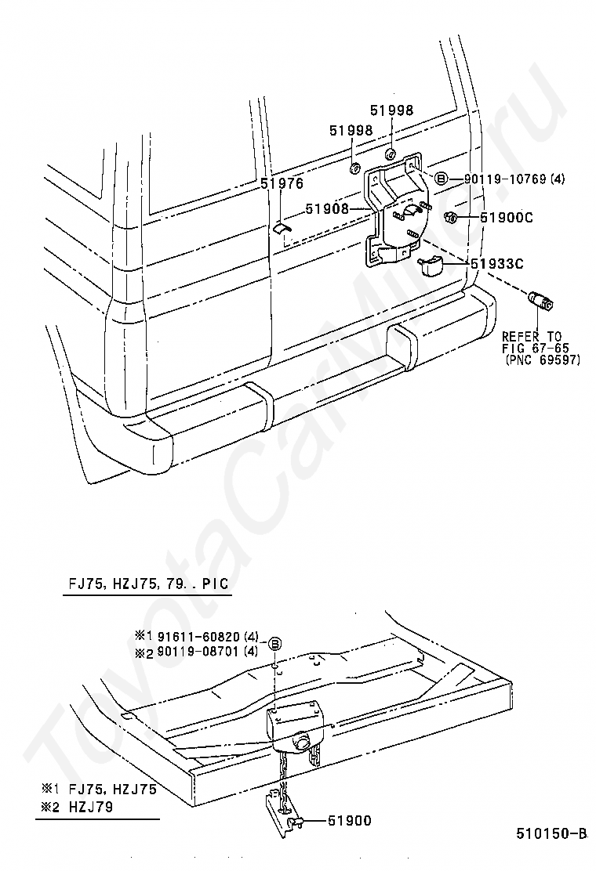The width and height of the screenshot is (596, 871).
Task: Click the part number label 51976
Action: tap(282, 184)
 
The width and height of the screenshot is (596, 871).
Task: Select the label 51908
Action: tap(327, 209)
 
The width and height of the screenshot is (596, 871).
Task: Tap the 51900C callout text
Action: tap(507, 217)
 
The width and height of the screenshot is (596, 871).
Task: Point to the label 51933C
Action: tap(497, 263)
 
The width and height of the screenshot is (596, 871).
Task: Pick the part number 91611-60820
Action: tap(199, 636)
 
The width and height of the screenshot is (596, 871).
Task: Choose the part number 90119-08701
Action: tap(199, 651)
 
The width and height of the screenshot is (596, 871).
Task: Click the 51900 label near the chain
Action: tap(350, 820)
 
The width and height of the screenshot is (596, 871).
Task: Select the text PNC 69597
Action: tap(543, 360)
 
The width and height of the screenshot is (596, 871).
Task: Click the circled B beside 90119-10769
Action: tap(440, 179)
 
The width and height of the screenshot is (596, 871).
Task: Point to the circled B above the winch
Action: tap(274, 644)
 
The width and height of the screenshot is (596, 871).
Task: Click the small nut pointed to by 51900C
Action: tap(451, 217)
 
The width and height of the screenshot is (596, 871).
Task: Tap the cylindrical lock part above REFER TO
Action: tap(540, 300)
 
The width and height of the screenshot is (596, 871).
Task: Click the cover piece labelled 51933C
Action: tap(431, 266)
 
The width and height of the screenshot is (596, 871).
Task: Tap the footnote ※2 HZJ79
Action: tap(77, 806)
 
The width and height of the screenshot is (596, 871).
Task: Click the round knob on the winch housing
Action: tap(303, 742)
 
